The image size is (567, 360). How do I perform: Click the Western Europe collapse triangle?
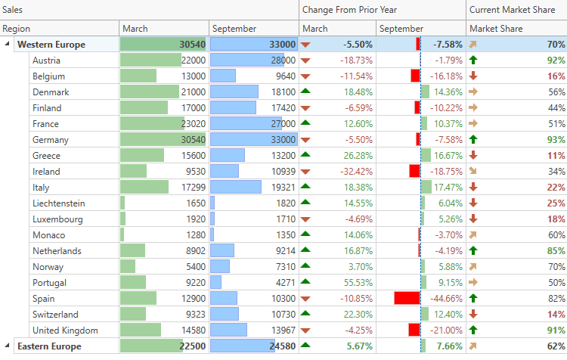(8, 45)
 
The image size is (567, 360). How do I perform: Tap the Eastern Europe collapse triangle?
(8, 346)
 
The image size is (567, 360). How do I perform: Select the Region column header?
(17, 29)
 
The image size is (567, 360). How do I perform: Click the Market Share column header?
(495, 29)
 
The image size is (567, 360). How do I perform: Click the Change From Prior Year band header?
(349, 10)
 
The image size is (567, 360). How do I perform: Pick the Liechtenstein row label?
(59, 203)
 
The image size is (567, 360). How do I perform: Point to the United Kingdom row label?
(65, 331)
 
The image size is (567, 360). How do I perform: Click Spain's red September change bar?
(407, 298)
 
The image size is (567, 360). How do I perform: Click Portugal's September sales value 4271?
(283, 282)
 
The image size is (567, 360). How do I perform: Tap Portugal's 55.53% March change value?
(357, 282)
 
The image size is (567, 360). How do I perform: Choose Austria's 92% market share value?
(556, 61)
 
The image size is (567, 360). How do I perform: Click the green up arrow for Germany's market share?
(473, 140)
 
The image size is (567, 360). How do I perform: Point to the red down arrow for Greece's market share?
(473, 156)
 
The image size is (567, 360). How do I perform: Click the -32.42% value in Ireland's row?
(357, 172)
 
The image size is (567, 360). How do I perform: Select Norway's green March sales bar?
(128, 267)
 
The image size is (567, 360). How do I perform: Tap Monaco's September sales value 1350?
(283, 235)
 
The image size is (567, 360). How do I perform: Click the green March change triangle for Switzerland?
(305, 314)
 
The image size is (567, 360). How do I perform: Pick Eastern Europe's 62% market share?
(556, 346)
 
